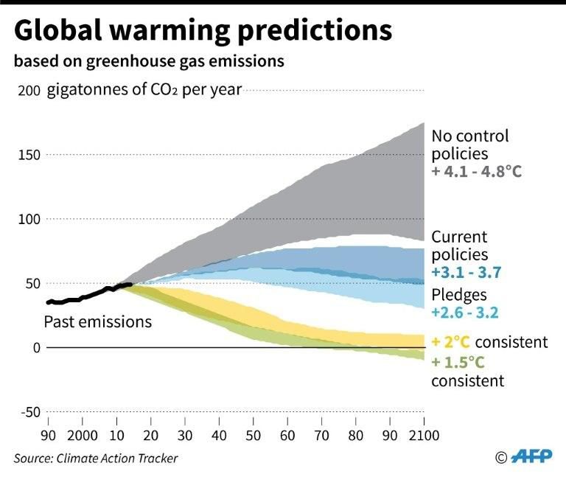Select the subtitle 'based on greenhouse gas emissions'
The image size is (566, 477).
148,61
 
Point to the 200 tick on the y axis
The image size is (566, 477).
27,91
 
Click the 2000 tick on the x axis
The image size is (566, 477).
83,434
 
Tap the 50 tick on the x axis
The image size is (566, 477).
253,434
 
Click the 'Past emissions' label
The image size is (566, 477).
98,322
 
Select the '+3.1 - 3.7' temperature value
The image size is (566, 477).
466,273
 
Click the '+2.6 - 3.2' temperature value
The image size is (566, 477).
466,313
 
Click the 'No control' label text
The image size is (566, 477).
470,136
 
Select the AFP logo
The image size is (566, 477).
531,457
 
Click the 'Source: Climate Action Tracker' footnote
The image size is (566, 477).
96,459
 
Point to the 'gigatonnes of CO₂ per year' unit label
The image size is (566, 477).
144,91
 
